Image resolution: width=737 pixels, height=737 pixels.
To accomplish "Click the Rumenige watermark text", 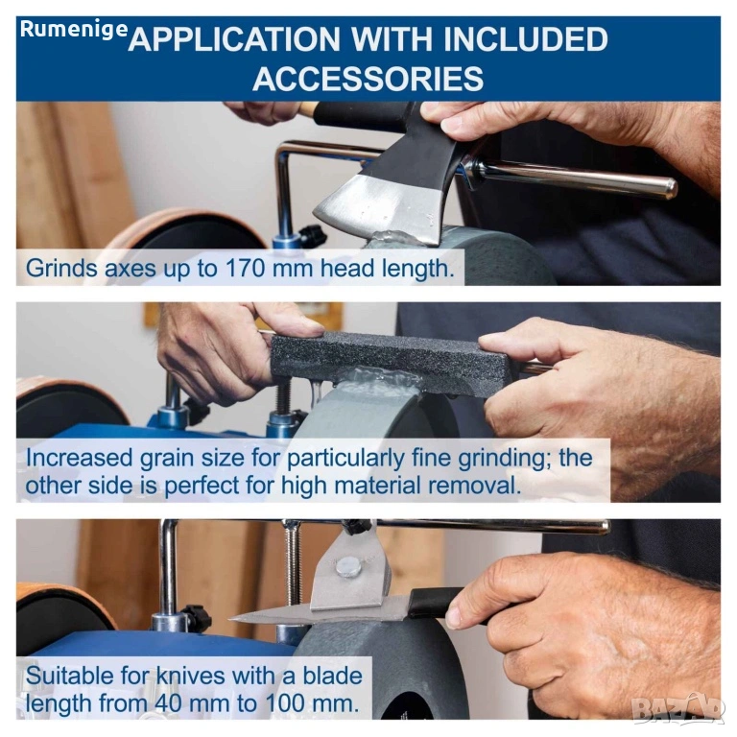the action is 74,29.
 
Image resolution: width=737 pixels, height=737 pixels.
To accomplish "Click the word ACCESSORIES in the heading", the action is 368,79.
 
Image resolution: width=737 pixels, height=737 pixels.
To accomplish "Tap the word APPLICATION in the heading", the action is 234,39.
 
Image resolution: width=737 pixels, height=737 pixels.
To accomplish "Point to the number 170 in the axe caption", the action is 246,269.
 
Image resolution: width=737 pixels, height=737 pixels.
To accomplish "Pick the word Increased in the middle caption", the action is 79,458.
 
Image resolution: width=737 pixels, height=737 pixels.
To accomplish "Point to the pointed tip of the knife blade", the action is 230,620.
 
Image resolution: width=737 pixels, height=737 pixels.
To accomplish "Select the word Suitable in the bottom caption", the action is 70,676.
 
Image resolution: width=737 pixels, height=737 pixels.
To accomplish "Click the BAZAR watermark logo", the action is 677,709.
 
